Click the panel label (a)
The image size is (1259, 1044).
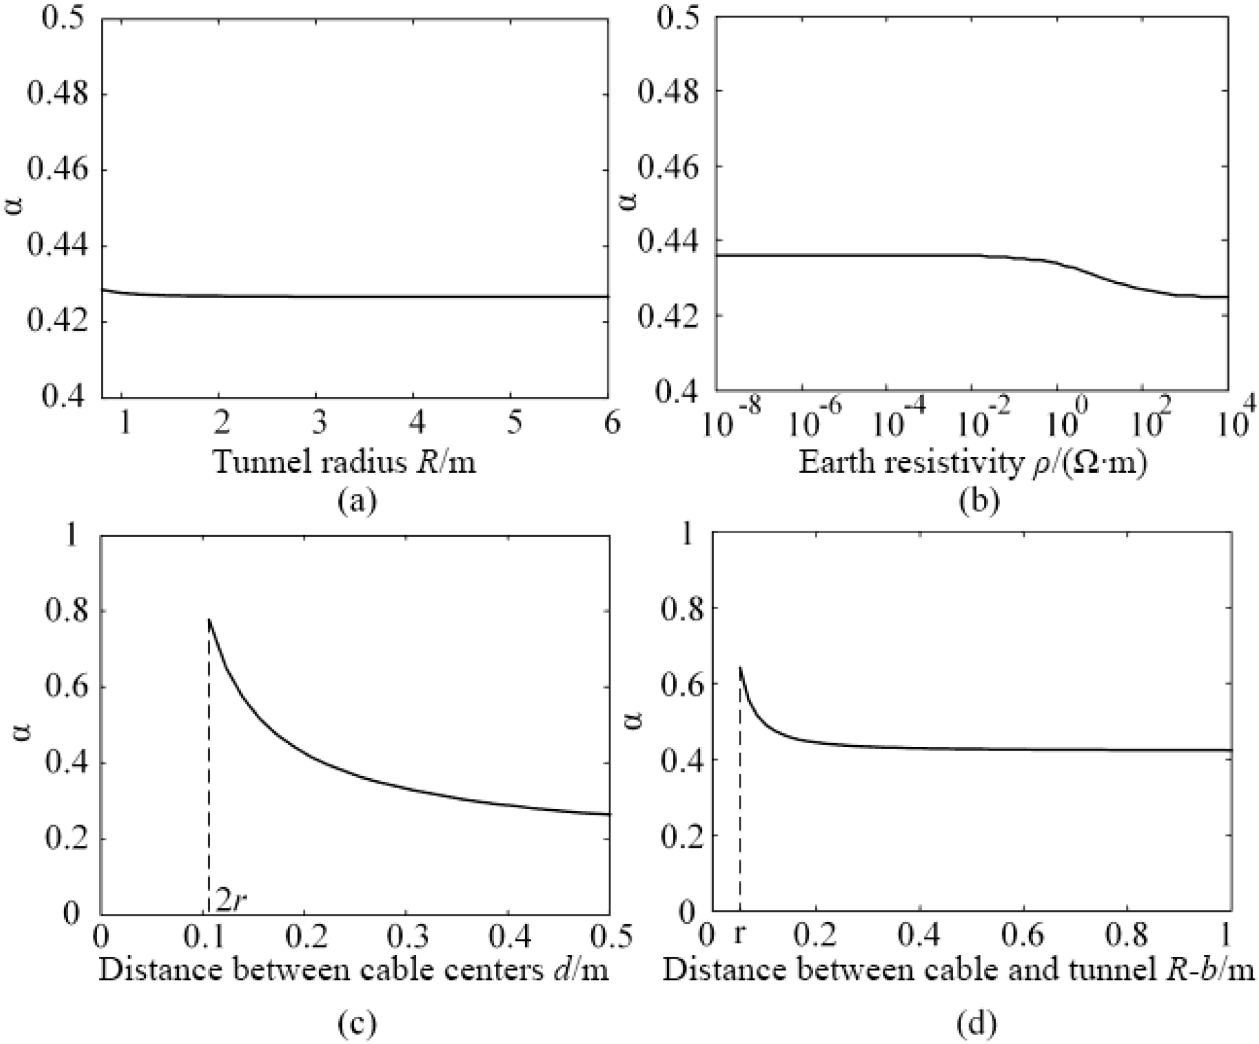357,501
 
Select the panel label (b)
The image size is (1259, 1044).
979,501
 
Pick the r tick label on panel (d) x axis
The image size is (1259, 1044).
739,934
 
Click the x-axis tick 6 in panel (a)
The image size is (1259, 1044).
611,424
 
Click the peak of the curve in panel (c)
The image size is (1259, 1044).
209,619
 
